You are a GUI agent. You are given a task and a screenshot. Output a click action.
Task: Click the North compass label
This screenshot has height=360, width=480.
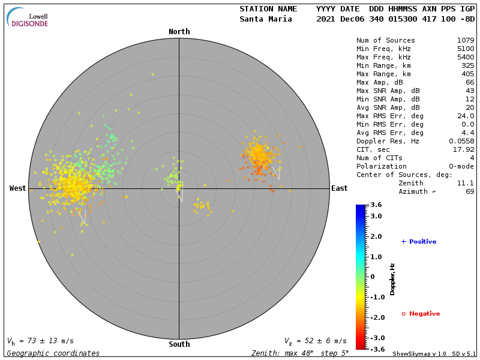click(x=179, y=32)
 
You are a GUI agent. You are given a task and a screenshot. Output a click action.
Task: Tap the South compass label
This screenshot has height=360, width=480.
click(x=179, y=344)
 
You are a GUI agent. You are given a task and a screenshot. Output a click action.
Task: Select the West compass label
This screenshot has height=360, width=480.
click(x=17, y=188)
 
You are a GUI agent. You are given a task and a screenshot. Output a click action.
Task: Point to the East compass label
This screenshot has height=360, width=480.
click(x=339, y=188)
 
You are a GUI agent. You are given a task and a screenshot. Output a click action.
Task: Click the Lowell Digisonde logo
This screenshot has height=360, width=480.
click(x=28, y=17)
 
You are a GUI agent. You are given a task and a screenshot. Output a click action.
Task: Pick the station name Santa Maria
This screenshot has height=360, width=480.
click(x=266, y=19)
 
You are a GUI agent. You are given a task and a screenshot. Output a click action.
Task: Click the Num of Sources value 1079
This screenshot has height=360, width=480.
click(x=465, y=41)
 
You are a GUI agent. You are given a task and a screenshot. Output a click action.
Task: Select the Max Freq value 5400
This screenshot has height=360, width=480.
click(x=465, y=58)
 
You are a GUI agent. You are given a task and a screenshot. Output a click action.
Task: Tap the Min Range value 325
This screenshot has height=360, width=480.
click(x=467, y=66)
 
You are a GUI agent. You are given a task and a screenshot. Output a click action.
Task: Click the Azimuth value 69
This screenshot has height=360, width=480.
click(x=469, y=191)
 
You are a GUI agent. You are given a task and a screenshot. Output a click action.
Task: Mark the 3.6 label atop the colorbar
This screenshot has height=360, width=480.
click(x=377, y=205)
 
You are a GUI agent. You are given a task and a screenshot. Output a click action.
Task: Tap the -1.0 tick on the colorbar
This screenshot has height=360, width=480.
click(x=377, y=297)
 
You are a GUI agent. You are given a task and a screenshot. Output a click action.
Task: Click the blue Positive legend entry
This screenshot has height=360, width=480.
click(x=419, y=242)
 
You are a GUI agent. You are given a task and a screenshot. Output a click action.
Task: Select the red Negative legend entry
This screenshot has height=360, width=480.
click(x=421, y=314)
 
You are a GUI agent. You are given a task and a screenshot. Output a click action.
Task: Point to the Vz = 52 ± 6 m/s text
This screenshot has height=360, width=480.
click(x=315, y=341)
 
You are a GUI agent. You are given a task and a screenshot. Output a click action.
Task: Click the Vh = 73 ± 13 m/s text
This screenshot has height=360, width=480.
click(x=41, y=341)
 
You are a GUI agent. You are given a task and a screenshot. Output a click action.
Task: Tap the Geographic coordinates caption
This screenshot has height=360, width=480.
click(x=53, y=353)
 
